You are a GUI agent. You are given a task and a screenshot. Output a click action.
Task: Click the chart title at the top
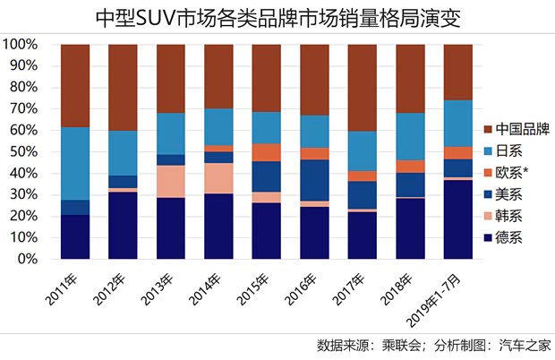[277, 18]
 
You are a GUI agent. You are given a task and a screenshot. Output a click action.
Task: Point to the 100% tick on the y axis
[20, 44]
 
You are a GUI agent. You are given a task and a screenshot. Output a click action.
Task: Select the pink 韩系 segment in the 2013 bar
[170, 182]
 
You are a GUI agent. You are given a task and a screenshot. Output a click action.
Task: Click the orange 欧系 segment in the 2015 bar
[266, 152]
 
